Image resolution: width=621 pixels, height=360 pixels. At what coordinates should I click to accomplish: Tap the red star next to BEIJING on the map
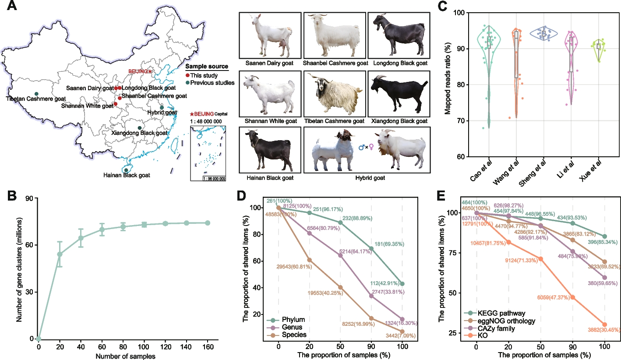pyautogui.click(x=150, y=71)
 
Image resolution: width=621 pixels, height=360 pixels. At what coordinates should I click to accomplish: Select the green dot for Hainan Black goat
pyautogui.click(x=127, y=170)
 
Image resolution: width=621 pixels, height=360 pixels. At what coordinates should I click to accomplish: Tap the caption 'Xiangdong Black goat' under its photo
pyautogui.click(x=398, y=121)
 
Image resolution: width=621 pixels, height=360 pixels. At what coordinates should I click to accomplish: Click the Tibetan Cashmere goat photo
pyautogui.click(x=334, y=94)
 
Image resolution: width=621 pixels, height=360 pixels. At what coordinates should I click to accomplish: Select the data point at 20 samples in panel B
pyautogui.click(x=60, y=254)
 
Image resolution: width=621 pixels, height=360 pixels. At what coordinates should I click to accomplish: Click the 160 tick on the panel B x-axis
pyautogui.click(x=207, y=346)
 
